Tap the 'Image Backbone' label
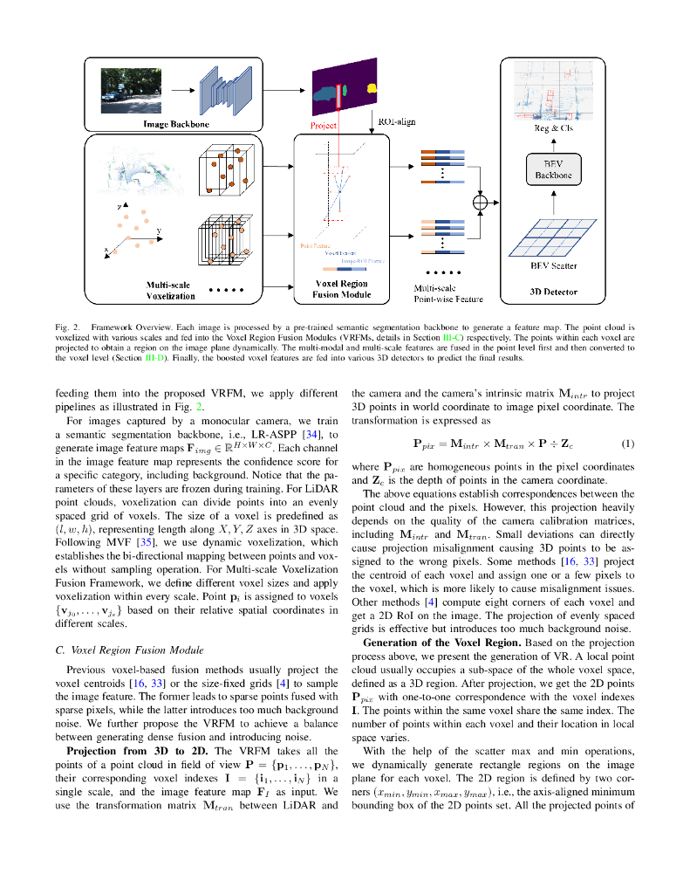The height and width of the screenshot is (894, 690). tap(176, 125)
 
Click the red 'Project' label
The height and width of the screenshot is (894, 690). tap(324, 126)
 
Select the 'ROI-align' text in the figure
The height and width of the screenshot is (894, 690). tap(397, 122)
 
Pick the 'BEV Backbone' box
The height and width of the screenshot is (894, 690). tap(553, 169)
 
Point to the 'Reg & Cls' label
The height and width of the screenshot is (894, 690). tap(553, 128)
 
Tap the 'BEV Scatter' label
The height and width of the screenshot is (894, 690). tap(553, 265)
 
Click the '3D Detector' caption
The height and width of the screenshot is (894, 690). tap(553, 292)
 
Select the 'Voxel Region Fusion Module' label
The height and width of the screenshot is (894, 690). tap(341, 289)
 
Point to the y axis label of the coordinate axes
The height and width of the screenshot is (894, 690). tap(159, 231)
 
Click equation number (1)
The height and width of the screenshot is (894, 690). tap(627, 444)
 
